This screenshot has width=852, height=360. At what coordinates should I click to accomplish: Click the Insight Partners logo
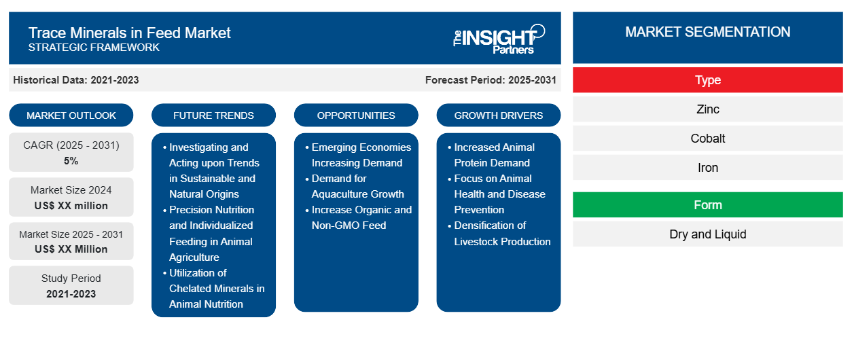click(x=499, y=39)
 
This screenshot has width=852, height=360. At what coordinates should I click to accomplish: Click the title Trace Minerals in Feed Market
click(x=129, y=33)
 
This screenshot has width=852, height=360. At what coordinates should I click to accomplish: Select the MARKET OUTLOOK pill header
click(x=71, y=115)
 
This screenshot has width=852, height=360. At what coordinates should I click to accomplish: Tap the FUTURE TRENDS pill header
click(x=213, y=115)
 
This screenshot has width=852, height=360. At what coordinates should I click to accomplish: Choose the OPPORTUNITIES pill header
click(x=356, y=115)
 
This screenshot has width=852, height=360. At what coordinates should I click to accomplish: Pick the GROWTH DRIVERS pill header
click(x=498, y=115)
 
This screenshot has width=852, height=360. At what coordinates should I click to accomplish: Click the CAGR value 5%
click(x=71, y=161)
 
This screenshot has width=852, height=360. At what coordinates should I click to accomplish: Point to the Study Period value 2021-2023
click(x=71, y=294)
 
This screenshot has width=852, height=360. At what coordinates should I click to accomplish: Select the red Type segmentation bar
click(x=707, y=80)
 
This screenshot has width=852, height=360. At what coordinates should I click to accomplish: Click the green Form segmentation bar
click(x=707, y=205)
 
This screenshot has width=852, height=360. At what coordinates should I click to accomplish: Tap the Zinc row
click(x=707, y=109)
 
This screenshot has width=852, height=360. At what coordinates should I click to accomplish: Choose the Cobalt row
click(x=707, y=139)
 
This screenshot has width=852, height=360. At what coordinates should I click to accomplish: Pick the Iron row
click(x=707, y=168)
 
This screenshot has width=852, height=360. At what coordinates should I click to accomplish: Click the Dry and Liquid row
click(x=707, y=234)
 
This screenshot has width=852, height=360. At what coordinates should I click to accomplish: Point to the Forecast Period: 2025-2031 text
click(x=491, y=80)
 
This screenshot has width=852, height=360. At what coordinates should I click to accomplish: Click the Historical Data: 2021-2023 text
click(x=76, y=80)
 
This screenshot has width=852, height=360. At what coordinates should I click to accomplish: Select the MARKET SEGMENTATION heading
click(x=707, y=32)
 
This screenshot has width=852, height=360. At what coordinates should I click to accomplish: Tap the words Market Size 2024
click(x=71, y=190)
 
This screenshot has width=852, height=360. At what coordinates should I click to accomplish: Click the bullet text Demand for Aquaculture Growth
click(x=357, y=186)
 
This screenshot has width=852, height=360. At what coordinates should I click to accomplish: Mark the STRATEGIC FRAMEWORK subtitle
click(x=94, y=48)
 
